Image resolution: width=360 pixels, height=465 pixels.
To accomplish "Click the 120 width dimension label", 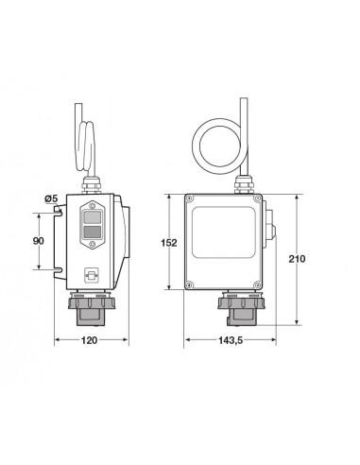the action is tap(89, 340).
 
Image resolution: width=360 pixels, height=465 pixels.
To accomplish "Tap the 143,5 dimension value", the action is tap(231, 340).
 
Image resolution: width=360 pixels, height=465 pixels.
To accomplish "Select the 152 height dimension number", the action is tap(169, 243).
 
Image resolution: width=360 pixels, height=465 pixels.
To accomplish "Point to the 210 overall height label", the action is tap(297, 259).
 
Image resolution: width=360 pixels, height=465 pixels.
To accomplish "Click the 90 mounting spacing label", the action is tap(39, 241).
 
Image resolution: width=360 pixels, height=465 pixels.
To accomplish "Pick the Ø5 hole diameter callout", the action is tap(52, 198).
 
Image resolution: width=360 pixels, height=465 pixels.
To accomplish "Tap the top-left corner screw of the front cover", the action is tap(189, 198).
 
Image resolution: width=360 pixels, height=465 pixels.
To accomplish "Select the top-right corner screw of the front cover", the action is tap(257, 198).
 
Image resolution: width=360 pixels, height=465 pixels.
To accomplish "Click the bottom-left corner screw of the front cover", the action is tap(189, 284).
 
